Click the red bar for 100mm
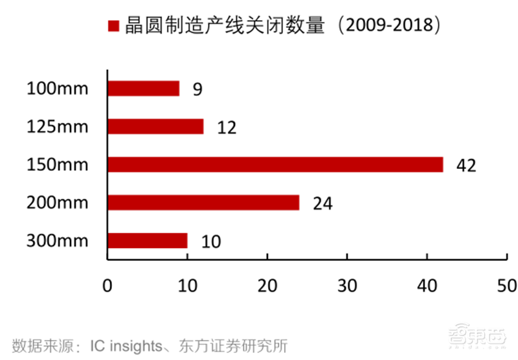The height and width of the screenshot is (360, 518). point(143,88)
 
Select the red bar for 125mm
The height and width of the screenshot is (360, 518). point(155,126)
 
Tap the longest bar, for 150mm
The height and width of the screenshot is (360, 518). point(275,164)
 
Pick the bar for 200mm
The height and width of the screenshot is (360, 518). point(203,203)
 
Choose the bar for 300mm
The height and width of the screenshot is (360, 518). point(147,241)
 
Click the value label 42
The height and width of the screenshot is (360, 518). point(466,166)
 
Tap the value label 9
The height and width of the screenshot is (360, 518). point(197,89)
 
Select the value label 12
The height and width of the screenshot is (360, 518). point(227,128)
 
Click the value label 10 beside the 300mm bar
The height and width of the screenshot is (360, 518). point(210,242)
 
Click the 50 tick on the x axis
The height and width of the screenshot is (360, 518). point(506,285)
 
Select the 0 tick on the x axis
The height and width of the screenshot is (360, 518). point(107,285)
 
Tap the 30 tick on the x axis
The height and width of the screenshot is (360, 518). point(347,285)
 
